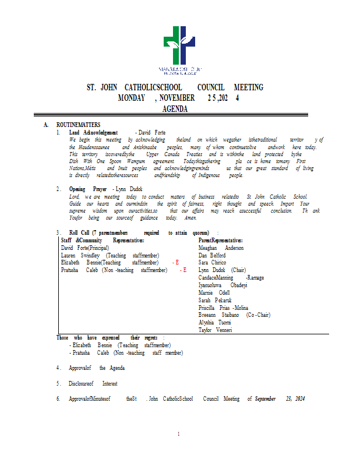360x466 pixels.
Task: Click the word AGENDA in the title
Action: point(175,108)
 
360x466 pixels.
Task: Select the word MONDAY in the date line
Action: point(131,98)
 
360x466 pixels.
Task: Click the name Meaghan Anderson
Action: point(221,248)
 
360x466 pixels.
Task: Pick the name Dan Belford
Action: point(211,255)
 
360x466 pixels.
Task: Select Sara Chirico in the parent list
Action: point(212,263)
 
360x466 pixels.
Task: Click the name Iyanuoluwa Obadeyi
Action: point(223,285)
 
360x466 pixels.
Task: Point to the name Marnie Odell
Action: point(214,292)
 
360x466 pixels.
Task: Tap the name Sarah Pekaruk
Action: point(215,300)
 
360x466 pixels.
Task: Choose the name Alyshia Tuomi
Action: point(214,322)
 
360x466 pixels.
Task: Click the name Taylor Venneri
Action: point(215,330)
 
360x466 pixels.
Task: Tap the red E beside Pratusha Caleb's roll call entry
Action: point(185,270)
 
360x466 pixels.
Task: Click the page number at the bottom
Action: point(179,434)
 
